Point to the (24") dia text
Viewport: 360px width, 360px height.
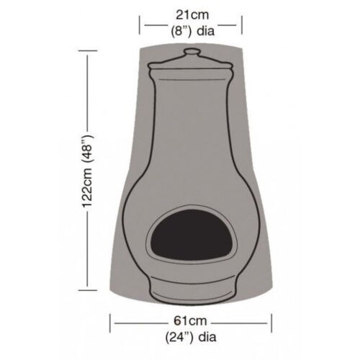tap(192, 335)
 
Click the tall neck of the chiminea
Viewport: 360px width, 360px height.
tap(191, 122)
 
